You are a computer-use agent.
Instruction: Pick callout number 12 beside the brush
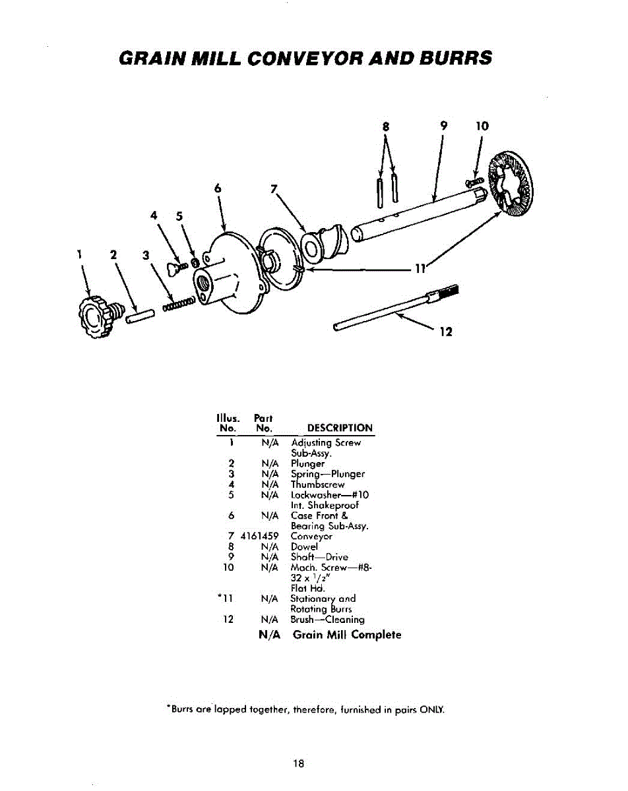(x=445, y=332)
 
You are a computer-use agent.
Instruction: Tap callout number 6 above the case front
(x=216, y=187)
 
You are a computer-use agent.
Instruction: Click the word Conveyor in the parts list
(x=311, y=537)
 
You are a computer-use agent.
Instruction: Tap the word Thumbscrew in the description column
(x=317, y=484)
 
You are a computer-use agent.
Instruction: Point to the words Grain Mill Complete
(x=346, y=635)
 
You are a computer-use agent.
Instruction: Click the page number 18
(x=299, y=764)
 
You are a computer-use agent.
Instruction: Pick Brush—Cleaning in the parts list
(x=327, y=620)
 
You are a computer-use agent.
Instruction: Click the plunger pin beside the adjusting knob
(x=140, y=315)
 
